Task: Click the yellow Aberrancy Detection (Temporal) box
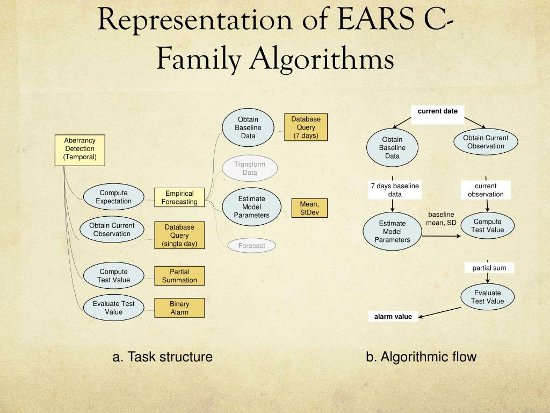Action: point(79,149)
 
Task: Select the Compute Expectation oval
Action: point(113,197)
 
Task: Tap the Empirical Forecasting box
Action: point(179,197)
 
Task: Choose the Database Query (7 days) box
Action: point(306,127)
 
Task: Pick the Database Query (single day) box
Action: point(179,236)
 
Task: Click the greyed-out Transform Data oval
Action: point(250,168)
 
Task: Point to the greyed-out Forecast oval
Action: point(252,246)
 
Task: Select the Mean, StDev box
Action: point(309,208)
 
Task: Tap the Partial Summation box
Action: point(179,276)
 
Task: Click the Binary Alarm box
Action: point(179,308)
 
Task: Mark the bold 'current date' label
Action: point(438,111)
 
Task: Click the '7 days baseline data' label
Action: point(395,190)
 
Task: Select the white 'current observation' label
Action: point(486,190)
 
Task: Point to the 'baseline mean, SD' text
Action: point(441,218)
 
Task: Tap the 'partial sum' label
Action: point(489,268)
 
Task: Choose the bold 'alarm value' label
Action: point(393,317)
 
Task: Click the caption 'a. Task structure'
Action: point(162,357)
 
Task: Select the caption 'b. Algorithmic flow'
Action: point(421,357)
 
